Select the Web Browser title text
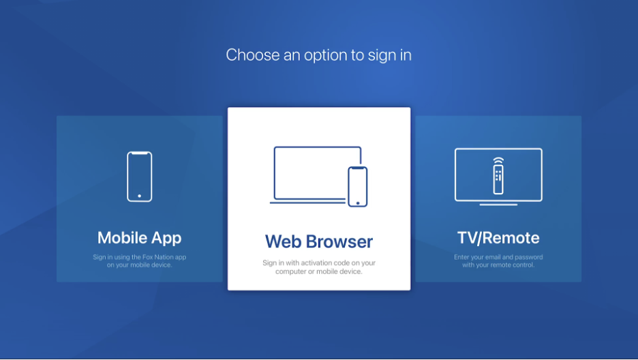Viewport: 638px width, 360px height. coord(319,241)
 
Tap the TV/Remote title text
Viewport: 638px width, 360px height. coord(498,238)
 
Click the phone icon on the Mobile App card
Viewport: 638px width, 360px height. coord(140,177)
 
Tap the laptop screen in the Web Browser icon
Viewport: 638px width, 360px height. coord(318,147)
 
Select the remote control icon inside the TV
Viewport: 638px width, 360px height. coord(498,180)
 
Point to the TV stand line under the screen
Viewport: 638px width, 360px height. coord(498,205)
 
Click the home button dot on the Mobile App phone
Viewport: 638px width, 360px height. coord(140,196)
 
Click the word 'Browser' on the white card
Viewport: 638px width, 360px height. coord(339,241)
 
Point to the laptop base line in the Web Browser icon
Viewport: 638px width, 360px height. coord(307,202)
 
